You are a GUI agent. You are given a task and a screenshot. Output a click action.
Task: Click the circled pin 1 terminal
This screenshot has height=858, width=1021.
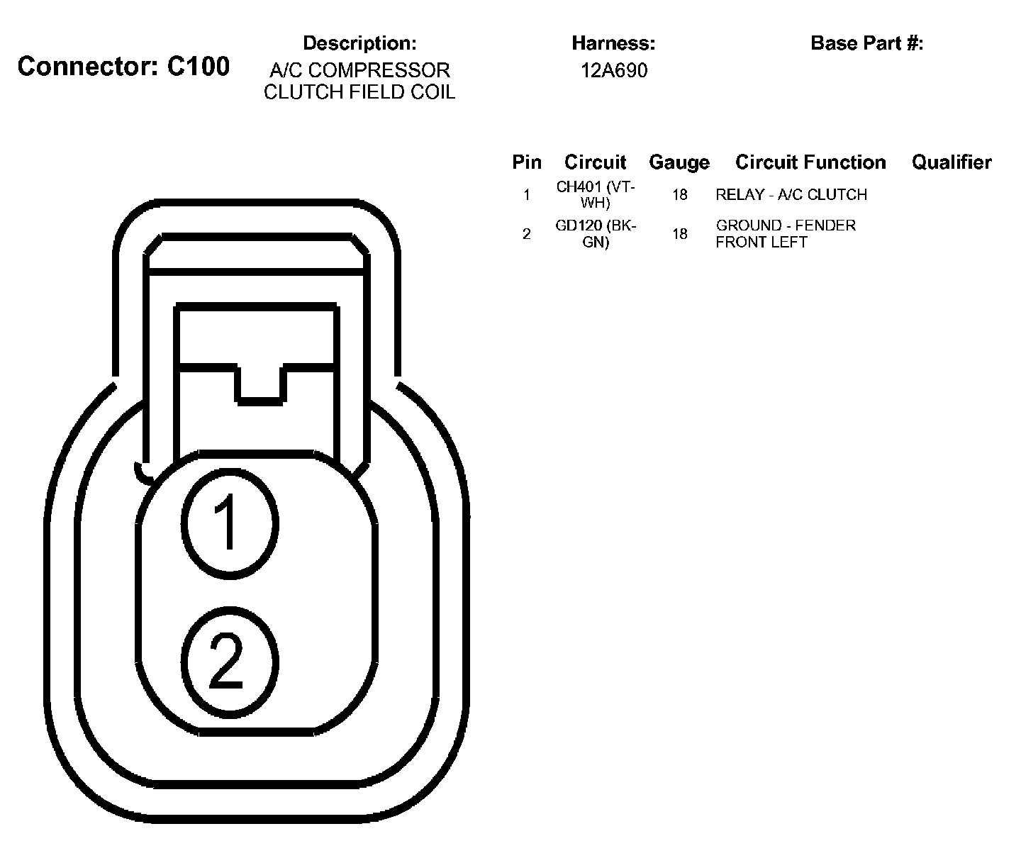click(x=229, y=523)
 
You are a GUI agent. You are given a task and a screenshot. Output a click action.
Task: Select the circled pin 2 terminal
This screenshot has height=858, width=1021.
click(x=229, y=662)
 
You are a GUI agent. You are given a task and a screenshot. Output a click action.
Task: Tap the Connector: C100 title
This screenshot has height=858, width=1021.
click(x=123, y=67)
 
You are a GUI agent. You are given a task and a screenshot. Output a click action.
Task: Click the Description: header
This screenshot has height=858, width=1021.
click(x=359, y=43)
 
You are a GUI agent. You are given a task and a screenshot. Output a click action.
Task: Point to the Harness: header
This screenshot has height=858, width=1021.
click(x=613, y=43)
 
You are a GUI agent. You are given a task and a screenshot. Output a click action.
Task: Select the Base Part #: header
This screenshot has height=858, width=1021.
click(x=866, y=43)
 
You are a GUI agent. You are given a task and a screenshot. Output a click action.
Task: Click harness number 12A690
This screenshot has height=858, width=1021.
click(x=614, y=71)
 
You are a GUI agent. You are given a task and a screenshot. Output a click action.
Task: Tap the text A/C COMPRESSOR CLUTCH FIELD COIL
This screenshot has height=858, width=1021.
click(x=359, y=82)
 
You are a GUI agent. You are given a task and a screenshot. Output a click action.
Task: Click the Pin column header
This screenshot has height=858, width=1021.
click(x=527, y=162)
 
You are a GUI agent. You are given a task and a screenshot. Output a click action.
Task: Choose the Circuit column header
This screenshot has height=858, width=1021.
click(x=596, y=162)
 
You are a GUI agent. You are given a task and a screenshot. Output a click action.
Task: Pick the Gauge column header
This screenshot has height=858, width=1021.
click(x=679, y=162)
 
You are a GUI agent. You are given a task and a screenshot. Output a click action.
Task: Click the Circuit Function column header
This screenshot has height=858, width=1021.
click(x=810, y=162)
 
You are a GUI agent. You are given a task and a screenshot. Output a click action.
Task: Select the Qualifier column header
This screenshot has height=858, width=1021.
click(x=952, y=162)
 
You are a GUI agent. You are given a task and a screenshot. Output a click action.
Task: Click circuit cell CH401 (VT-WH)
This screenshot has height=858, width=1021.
click(x=596, y=195)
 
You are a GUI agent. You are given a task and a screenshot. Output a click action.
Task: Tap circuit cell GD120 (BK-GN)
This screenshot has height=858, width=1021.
click(x=596, y=234)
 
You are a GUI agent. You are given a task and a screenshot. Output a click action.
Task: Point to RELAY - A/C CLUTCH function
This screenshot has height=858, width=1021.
click(x=791, y=195)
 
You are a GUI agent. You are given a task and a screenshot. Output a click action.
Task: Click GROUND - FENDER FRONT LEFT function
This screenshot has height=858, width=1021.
click(x=786, y=234)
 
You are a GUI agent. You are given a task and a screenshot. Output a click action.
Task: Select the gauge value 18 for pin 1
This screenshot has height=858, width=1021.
click(x=679, y=195)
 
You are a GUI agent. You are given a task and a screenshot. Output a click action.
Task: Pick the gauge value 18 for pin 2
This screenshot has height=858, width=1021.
click(x=679, y=234)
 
